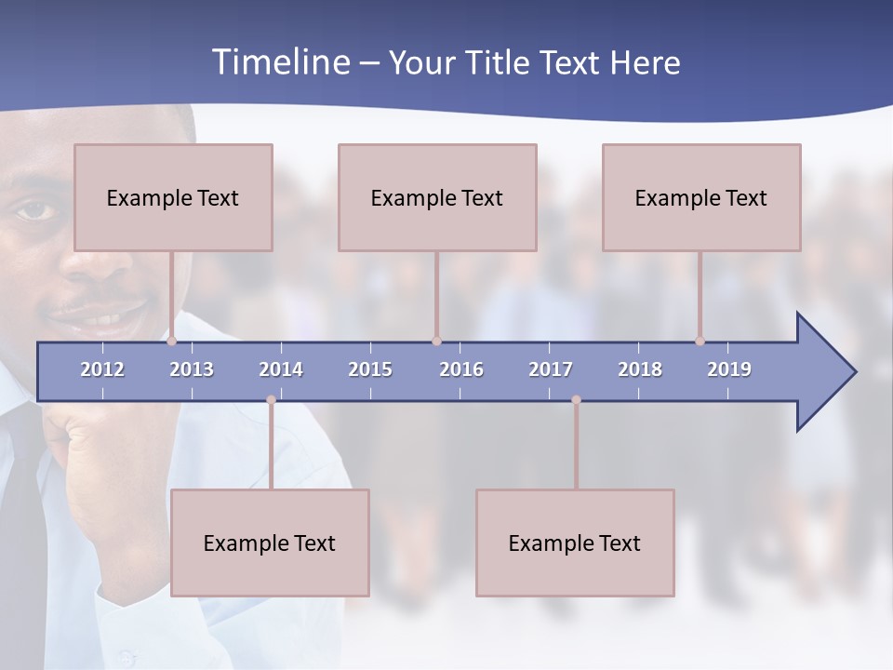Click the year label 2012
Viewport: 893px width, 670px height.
[102, 369]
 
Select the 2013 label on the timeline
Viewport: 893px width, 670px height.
[192, 369]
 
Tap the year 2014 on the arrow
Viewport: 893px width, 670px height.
[281, 369]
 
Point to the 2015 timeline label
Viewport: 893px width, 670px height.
[370, 369]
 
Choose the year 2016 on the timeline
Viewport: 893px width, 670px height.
[461, 369]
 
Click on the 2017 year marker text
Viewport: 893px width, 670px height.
[551, 369]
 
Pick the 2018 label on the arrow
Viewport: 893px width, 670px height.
[640, 369]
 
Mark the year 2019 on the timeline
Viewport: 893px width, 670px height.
[729, 369]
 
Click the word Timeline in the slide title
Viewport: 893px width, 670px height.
[279, 62]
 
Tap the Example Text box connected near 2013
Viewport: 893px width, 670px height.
[173, 197]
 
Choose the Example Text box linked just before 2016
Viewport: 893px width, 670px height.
[437, 197]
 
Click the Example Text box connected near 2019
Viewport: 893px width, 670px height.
[701, 197]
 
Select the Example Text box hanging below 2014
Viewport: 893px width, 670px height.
[270, 543]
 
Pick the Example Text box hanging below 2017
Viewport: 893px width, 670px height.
[575, 543]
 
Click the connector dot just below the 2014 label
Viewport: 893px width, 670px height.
[271, 400]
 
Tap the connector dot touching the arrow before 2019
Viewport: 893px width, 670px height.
[700, 341]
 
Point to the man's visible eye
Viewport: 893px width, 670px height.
[34, 209]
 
